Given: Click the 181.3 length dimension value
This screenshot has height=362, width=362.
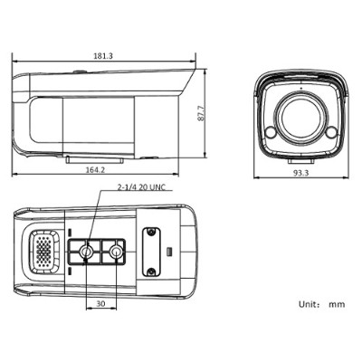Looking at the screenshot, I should click(103, 56).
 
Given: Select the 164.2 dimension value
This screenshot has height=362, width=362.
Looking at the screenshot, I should click(95, 169).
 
